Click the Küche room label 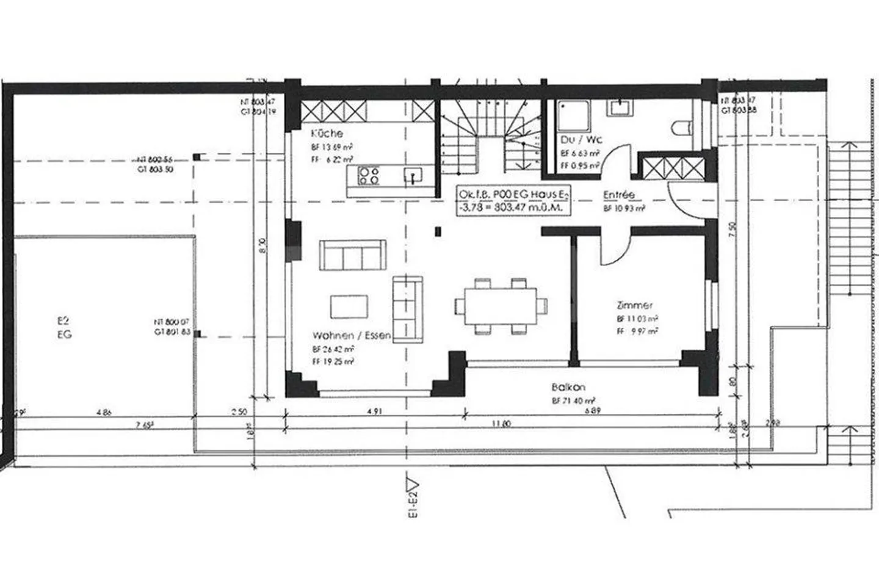[327, 133]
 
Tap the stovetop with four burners [369, 176]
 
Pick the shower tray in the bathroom [574, 115]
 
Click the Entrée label [618, 195]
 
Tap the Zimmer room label [635, 305]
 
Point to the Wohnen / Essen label [352, 335]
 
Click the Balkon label [568, 387]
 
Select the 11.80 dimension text [500, 424]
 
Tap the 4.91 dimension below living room [374, 412]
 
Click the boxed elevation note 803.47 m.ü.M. [512, 201]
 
